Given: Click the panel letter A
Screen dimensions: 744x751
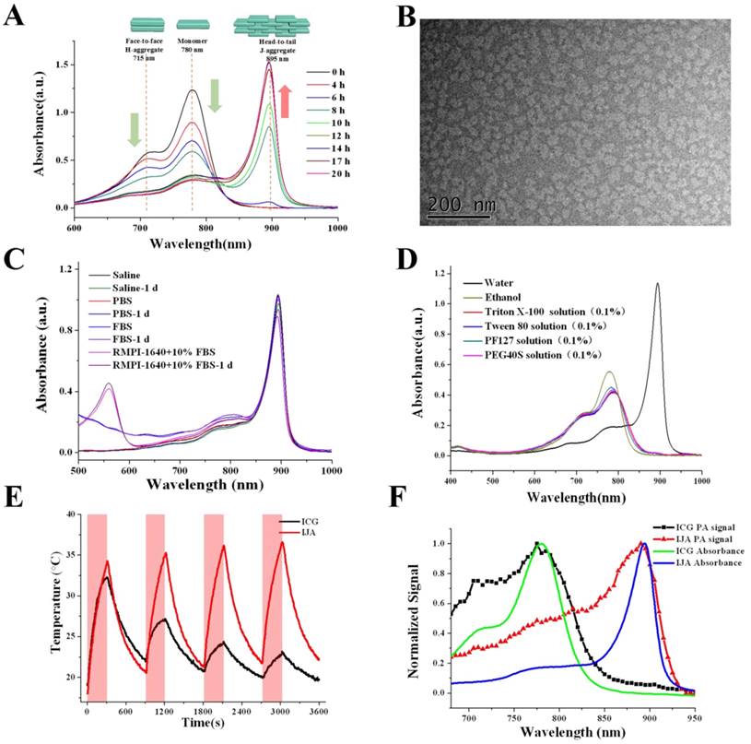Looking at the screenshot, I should point(16,18).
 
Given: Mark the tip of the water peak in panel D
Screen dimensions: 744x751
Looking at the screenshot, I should point(657,284).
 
